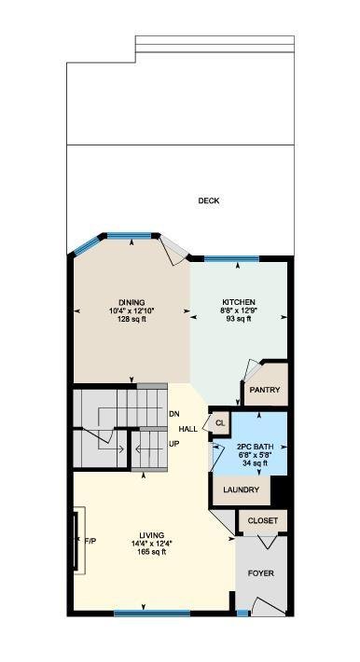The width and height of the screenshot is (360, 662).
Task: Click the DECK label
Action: (x=209, y=201)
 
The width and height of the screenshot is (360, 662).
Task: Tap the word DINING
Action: (x=132, y=302)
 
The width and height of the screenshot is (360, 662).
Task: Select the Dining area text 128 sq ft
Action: (x=132, y=319)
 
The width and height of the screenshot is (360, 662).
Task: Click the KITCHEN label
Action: (x=239, y=302)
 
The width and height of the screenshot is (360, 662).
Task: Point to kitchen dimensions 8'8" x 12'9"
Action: (x=239, y=310)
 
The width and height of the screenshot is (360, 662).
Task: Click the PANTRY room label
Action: (x=265, y=390)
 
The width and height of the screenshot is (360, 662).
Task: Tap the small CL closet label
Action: (x=220, y=423)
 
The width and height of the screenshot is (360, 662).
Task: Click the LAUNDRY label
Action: (x=241, y=490)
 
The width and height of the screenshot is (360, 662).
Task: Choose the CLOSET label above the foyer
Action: (x=263, y=520)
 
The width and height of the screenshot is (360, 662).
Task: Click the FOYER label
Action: (x=261, y=573)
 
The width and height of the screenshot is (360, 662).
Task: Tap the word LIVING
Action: (x=153, y=535)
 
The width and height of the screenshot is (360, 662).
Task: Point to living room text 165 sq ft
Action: (x=153, y=552)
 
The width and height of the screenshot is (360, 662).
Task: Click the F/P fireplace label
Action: (x=90, y=540)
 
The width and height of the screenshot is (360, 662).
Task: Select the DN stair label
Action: (x=174, y=414)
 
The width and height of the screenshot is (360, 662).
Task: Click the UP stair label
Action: (x=173, y=444)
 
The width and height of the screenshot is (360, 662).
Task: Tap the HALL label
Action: (x=188, y=430)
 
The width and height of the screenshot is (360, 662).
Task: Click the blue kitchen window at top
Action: (x=231, y=259)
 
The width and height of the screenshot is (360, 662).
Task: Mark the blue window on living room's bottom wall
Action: (x=152, y=614)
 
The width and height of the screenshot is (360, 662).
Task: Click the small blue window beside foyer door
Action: (x=242, y=614)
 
